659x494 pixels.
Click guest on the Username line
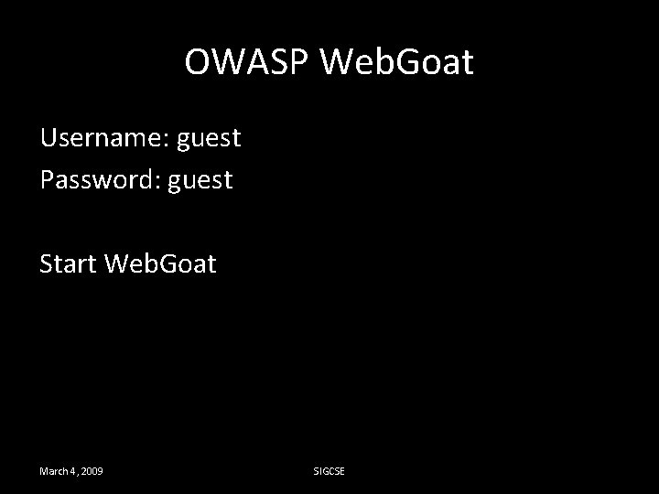click(209, 140)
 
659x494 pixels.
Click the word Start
click(68, 264)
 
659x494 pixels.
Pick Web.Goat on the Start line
click(161, 264)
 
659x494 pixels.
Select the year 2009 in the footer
click(91, 471)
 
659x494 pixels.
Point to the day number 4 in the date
click(72, 471)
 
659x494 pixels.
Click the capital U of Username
click(48, 138)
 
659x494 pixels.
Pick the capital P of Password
click(47, 180)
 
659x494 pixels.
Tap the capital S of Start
click(47, 264)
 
